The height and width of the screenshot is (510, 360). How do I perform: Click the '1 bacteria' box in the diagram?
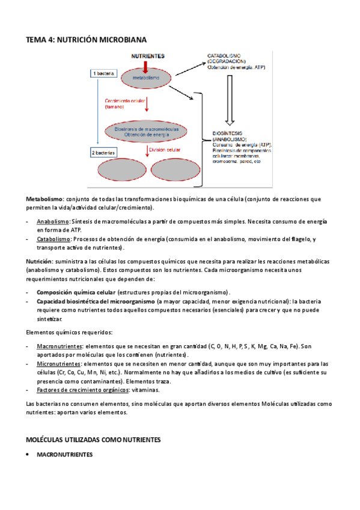(103, 73)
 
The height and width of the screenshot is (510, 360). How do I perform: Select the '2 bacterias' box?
(104, 153)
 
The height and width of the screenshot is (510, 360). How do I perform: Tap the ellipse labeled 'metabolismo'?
(147, 78)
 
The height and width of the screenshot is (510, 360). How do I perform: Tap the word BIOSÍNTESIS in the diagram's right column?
(226, 132)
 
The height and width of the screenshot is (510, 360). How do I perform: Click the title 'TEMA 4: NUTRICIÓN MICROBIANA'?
(86, 40)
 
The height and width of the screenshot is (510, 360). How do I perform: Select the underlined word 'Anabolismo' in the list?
(53, 221)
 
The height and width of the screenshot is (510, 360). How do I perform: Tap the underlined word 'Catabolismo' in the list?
(53, 239)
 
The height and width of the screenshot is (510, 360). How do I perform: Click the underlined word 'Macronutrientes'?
(59, 346)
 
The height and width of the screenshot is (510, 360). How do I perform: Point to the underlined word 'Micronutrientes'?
(59, 364)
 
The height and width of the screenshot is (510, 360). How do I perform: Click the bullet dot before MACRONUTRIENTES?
(28, 455)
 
